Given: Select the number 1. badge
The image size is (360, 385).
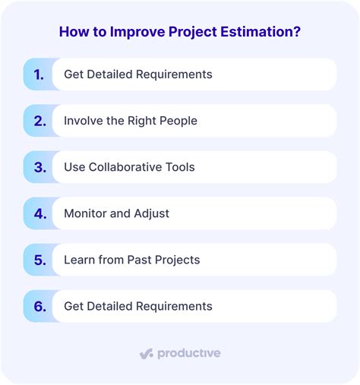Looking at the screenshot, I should click(38, 74).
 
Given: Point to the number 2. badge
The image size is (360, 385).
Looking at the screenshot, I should click(38, 121).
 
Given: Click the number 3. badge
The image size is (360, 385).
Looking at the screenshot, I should click(38, 167).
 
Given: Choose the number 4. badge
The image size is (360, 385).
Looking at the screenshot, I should click(38, 213).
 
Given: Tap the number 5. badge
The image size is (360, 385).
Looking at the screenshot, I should click(38, 260).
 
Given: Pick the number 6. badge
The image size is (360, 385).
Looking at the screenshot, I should click(38, 306).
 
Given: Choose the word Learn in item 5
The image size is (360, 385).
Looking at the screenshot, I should click(81, 260).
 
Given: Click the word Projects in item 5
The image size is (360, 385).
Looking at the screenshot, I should click(178, 260).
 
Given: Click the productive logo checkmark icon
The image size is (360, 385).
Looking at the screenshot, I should click(147, 354).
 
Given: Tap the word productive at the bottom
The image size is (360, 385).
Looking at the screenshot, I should click(189, 353).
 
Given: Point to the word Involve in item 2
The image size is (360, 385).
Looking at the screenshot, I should click(84, 121).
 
